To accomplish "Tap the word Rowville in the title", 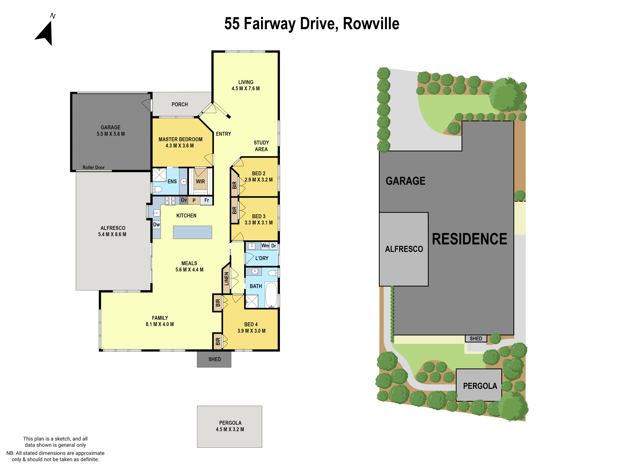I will point(371,24).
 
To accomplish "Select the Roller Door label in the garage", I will point(93,167).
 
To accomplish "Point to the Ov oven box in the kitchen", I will point(184,200).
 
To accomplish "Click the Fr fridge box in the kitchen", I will point(207,200).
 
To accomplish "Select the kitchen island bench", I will point(192,232).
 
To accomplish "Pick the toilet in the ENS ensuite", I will point(157,189).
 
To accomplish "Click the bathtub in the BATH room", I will point(271,295).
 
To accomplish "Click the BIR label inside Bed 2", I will point(234,185).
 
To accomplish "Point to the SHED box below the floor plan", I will point(214,359).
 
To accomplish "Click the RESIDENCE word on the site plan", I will point(469,239).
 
